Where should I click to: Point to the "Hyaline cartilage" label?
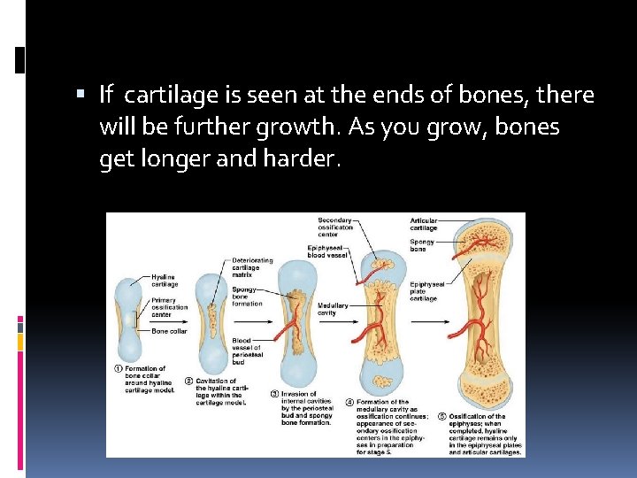(x=165, y=281)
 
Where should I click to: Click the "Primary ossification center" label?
(x=168, y=307)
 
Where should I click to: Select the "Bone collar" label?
(x=168, y=331)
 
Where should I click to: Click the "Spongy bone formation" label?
(x=247, y=297)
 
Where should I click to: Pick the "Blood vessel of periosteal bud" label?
(x=247, y=351)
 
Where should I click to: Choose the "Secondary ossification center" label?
(x=335, y=227)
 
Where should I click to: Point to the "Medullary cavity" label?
(x=333, y=309)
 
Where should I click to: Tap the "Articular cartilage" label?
(x=423, y=224)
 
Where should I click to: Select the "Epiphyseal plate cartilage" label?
(x=427, y=291)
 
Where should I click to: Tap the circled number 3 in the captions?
(x=274, y=393)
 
